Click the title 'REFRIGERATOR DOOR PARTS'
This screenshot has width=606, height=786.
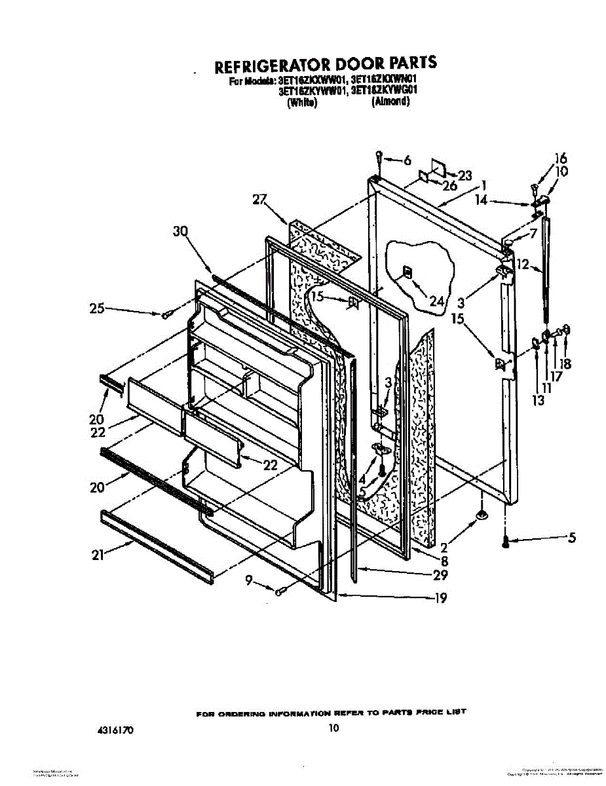pyautogui.click(x=326, y=65)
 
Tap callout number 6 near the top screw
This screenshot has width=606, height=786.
pyautogui.click(x=407, y=160)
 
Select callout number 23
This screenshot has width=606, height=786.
pyautogui.click(x=464, y=176)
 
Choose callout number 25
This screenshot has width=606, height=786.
pyautogui.click(x=96, y=308)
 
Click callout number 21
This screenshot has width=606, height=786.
pyautogui.click(x=98, y=555)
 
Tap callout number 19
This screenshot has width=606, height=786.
pyautogui.click(x=441, y=597)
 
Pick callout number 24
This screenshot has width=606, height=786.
pyautogui.click(x=436, y=301)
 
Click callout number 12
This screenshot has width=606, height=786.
pyautogui.click(x=523, y=265)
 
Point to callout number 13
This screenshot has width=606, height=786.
pyautogui.click(x=538, y=401)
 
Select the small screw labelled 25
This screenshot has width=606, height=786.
pyautogui.click(x=166, y=316)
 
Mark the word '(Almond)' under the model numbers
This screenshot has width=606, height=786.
pyautogui.click(x=391, y=102)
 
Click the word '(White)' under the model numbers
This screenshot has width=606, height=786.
pyautogui.click(x=302, y=103)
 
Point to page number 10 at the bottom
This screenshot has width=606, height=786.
pyautogui.click(x=334, y=728)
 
